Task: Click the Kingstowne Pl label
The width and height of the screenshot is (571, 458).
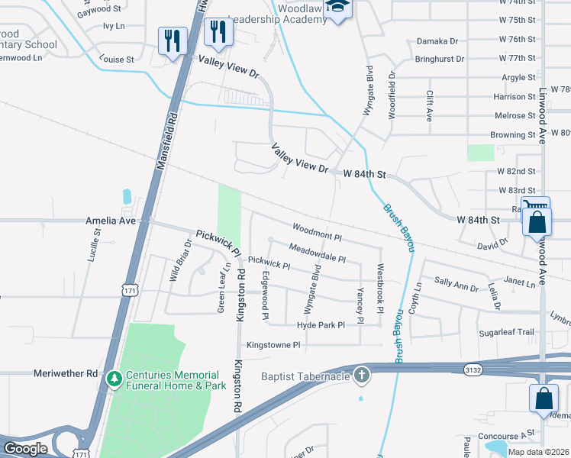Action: pos(273,345)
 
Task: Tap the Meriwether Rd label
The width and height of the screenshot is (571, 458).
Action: pos(66,373)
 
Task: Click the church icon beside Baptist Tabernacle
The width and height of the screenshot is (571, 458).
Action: pos(362,376)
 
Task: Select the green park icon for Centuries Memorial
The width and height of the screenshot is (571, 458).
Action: pos(114,378)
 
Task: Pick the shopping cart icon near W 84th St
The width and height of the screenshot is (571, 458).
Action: pos(537,205)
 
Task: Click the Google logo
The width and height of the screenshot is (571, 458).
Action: pos(26,448)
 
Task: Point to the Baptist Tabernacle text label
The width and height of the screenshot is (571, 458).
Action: pos(305,376)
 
